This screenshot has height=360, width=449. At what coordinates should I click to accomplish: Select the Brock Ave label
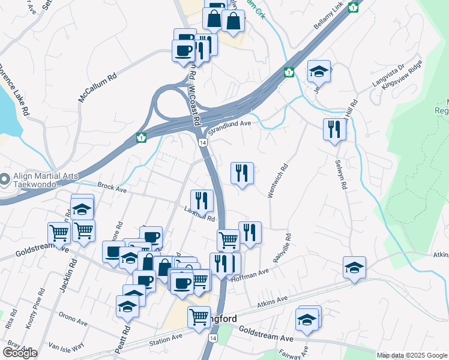(112, 188)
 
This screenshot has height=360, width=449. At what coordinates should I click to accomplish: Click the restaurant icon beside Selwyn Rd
(334, 128)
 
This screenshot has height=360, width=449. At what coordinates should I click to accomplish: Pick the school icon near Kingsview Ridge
(319, 71)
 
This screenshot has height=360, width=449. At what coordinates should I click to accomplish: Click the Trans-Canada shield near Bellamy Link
(354, 7)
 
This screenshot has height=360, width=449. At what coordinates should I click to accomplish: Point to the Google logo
(20, 352)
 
